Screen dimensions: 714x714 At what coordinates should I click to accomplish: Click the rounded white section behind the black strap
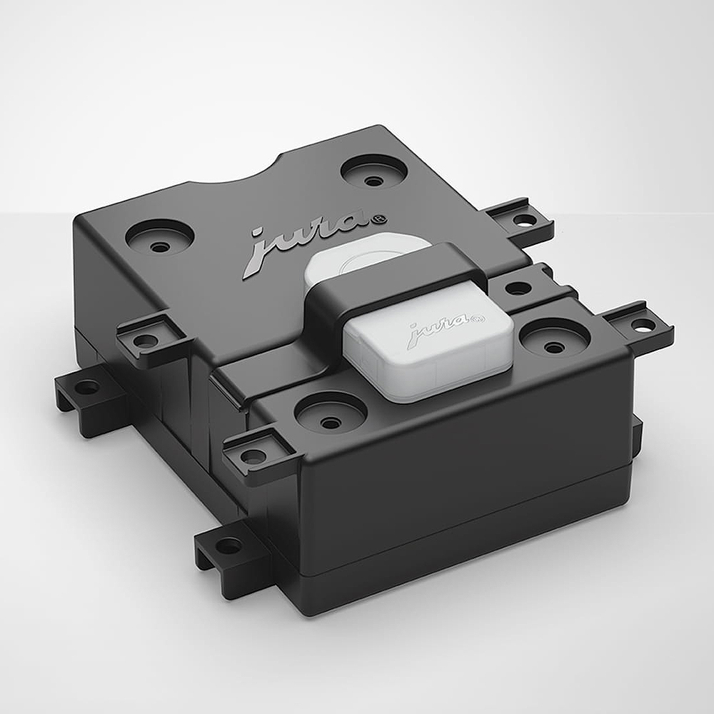[357, 258]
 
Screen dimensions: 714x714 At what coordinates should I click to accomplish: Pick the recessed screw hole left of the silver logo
[161, 238]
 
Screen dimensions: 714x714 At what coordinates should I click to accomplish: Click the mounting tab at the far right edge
[639, 325]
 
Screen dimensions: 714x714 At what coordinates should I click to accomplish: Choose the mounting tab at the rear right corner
[520, 218]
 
